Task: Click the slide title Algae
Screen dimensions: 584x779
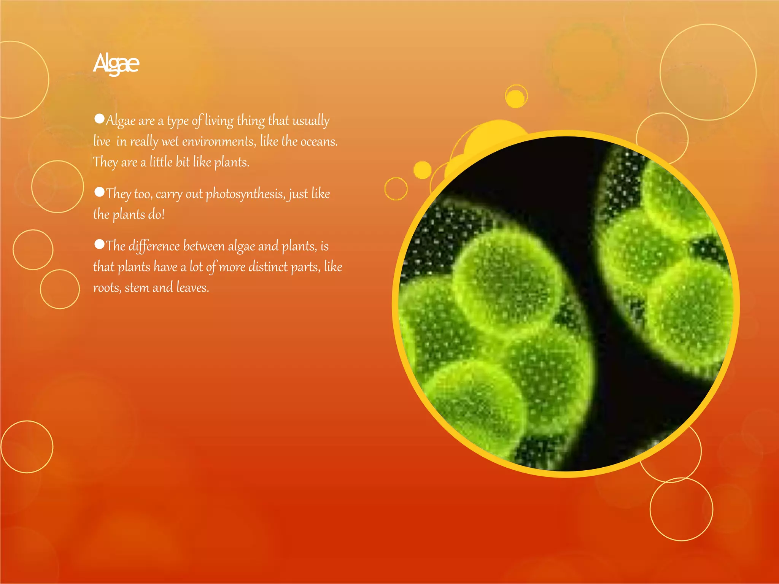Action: tap(116, 63)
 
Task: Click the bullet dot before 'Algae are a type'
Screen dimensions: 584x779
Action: tap(99, 119)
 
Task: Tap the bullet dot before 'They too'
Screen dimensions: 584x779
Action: tap(99, 192)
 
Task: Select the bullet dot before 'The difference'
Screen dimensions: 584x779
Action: tap(99, 244)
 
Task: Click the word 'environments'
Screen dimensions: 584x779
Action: tap(219, 141)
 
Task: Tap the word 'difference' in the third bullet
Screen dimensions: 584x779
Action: tap(154, 246)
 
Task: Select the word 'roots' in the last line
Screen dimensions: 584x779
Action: tap(107, 288)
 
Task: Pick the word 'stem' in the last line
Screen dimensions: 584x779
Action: tap(137, 288)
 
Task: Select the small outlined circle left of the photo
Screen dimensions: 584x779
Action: tap(396, 189)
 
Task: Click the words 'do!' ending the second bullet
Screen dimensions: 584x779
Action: tap(156, 214)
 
